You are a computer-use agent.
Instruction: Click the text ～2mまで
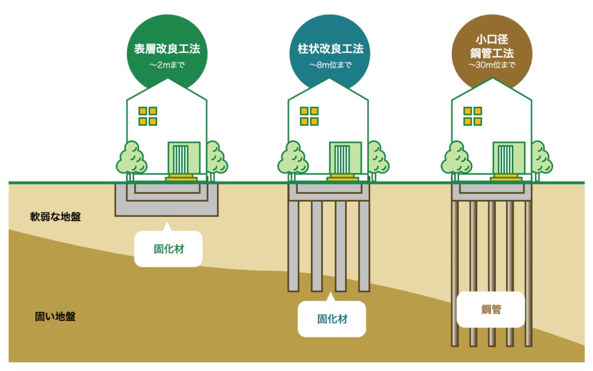(167, 65)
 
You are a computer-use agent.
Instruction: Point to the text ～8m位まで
(330, 65)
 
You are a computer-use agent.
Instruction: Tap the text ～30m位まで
(492, 65)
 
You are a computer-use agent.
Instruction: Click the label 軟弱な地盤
(56, 217)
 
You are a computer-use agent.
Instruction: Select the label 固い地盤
(55, 317)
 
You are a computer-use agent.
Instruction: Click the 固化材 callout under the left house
(169, 248)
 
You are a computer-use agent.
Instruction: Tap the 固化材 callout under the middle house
(332, 318)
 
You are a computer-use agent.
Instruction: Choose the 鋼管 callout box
(491, 310)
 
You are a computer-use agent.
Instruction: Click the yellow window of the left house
(148, 116)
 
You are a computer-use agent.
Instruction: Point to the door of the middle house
(345, 158)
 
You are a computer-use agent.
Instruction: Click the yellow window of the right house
(473, 116)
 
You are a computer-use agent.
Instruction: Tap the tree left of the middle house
(292, 159)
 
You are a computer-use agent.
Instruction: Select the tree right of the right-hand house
(541, 159)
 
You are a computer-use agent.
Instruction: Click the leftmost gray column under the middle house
(294, 246)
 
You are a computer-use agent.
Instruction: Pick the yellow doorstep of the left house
(181, 177)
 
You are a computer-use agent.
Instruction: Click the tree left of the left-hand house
(131, 159)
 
